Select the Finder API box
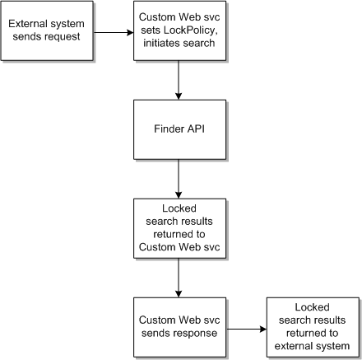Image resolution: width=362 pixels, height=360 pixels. click(x=179, y=129)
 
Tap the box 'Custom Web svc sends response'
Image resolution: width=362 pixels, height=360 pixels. click(x=179, y=328)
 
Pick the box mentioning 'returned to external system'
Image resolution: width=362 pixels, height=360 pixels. click(x=312, y=327)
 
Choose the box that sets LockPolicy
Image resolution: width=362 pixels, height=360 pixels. click(x=179, y=32)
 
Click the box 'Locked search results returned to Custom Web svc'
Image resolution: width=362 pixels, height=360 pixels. click(x=179, y=228)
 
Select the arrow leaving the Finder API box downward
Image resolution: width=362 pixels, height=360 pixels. click(x=179, y=177)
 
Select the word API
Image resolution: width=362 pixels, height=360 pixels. click(x=195, y=129)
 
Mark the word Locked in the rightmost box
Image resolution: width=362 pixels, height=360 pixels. click(x=312, y=307)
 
